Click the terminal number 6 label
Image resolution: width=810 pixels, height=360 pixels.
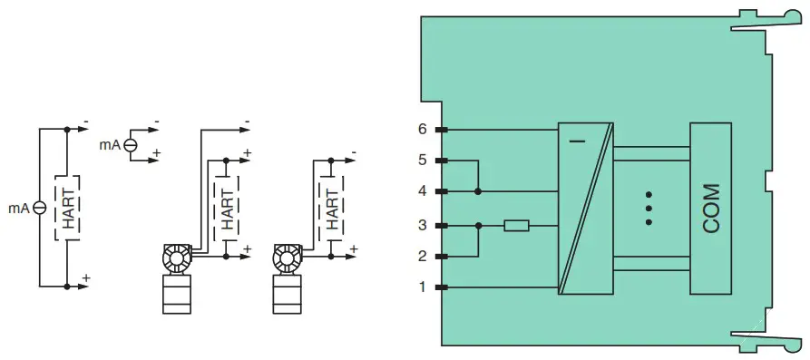point(422,130)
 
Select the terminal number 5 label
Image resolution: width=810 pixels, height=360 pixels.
point(422,161)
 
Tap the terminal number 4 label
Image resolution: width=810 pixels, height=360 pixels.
point(422,191)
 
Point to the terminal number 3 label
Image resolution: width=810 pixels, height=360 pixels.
point(422,225)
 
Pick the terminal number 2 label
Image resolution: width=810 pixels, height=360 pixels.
point(422,256)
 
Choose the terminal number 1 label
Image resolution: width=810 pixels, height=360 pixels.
point(422,287)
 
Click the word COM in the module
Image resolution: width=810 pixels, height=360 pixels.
point(712,209)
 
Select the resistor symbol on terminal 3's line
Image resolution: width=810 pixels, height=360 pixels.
point(516,225)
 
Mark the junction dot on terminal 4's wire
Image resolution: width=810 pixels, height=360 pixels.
point(478,191)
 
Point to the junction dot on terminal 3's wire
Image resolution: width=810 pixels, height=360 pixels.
point(478,225)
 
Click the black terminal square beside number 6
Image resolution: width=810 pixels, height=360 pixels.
point(441,130)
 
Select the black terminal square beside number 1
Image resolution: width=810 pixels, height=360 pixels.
point(441,287)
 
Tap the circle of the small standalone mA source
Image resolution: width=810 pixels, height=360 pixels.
point(131,144)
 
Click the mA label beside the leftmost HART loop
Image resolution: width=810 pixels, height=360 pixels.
point(19,208)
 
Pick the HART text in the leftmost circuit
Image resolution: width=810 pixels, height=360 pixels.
point(69,208)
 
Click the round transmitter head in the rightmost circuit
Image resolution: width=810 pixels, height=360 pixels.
point(286,259)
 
